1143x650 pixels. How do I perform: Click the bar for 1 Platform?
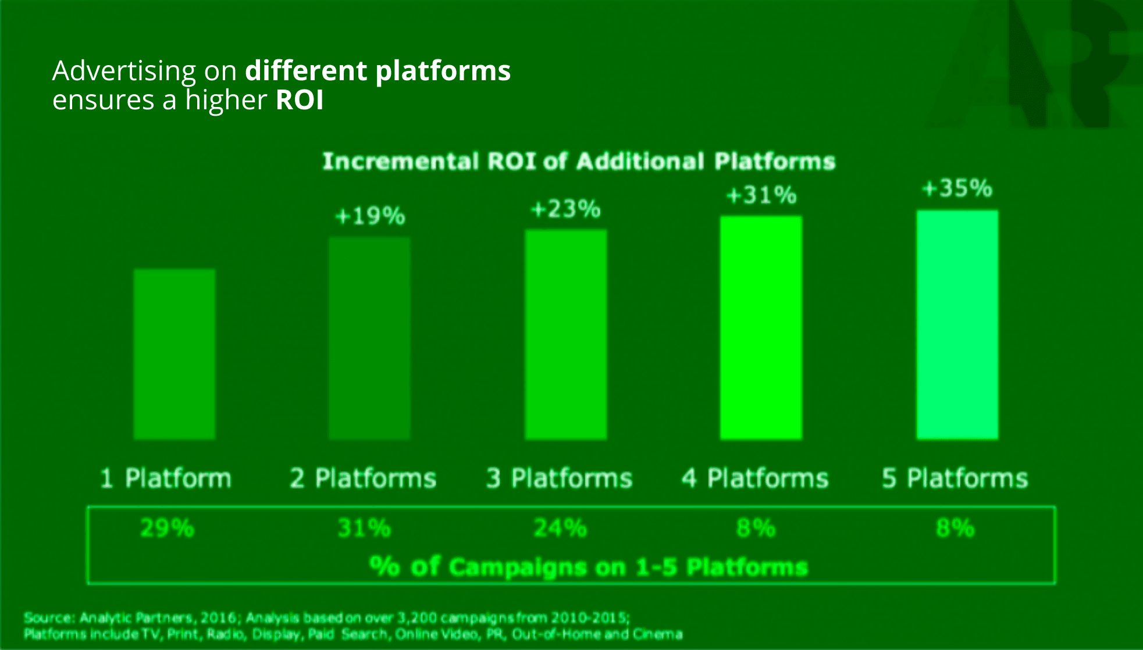175,354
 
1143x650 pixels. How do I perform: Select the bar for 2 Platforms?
369,338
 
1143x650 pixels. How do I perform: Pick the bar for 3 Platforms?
566,334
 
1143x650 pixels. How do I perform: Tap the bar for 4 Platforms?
761,328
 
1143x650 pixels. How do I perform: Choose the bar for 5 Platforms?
957,325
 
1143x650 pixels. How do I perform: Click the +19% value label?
371,216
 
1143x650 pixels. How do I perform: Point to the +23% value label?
566,209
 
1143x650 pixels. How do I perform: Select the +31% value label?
761,195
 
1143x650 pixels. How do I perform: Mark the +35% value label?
957,188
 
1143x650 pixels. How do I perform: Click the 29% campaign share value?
167,528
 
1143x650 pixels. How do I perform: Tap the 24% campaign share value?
560,528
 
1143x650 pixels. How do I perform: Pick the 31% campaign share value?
364,528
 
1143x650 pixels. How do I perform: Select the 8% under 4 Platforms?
756,528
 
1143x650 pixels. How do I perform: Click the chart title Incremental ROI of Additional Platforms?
579,161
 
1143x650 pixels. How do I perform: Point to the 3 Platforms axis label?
559,478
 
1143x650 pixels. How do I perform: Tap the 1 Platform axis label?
166,478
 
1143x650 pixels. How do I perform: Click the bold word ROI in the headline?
300,99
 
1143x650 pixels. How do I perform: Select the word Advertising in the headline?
124,72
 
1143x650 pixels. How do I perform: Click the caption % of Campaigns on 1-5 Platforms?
589,567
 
